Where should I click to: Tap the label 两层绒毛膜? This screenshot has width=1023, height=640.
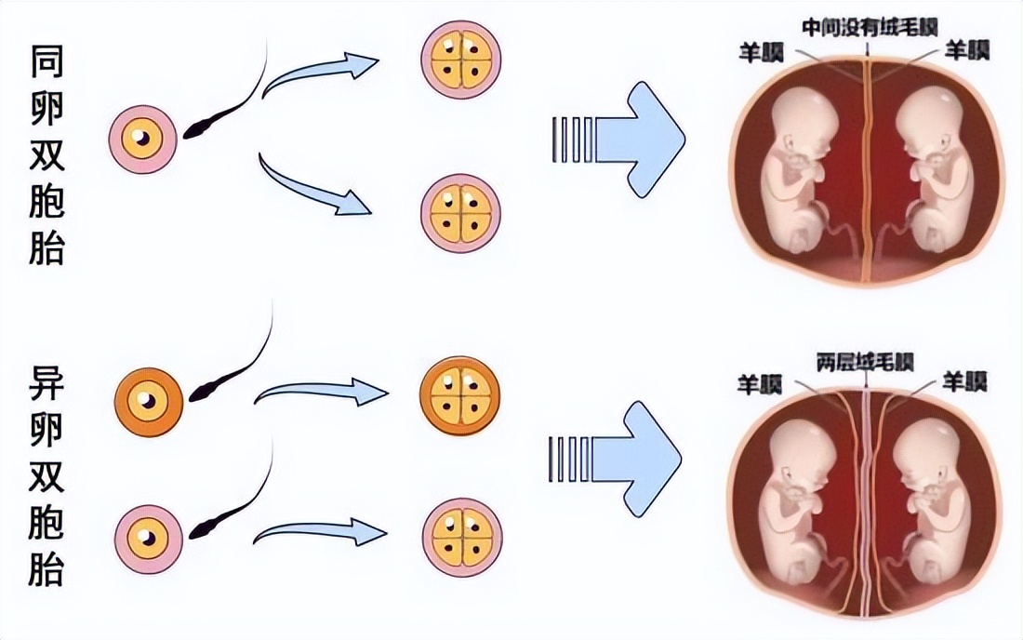865,361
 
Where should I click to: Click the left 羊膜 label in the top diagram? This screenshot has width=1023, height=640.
762,50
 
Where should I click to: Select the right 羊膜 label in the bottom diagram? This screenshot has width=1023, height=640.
964,381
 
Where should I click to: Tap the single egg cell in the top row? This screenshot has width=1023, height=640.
142,140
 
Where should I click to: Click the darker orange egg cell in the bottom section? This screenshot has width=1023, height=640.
146,401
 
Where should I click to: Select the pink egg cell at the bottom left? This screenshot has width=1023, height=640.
147,535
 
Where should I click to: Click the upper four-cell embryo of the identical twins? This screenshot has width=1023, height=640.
460,58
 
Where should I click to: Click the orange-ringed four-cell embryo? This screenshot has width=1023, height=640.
460,393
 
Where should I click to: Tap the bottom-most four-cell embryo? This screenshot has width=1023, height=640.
462,538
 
